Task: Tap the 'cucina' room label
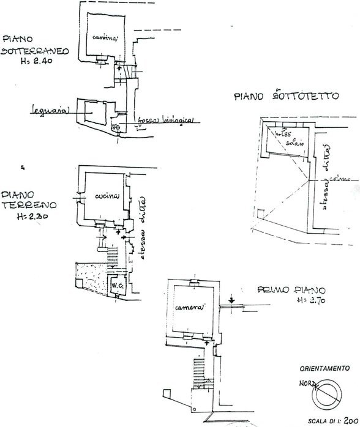106,196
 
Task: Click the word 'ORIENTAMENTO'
324,369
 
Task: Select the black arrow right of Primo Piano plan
232,300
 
